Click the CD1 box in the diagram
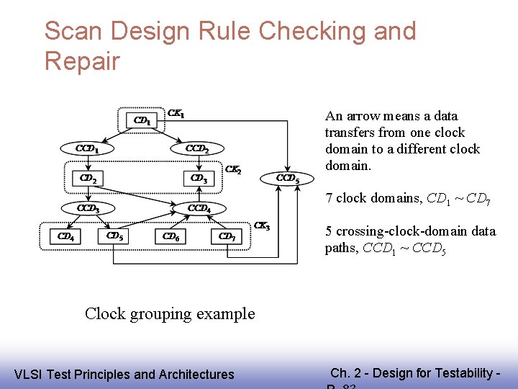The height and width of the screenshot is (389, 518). pos(142,120)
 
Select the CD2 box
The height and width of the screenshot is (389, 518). pos(88,178)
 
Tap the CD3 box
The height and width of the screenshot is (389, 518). pos(199,178)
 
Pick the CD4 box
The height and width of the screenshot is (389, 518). pos(65,236)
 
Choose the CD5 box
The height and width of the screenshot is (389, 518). pos(114,236)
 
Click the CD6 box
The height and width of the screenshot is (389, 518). pos(171,236)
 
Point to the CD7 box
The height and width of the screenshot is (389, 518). pos(227,236)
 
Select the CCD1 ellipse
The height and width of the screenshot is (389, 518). pos(88,149)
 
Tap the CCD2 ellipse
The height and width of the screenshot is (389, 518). pos(198,149)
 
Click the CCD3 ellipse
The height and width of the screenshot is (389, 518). pos(88,208)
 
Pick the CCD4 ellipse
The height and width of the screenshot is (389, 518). pos(199,208)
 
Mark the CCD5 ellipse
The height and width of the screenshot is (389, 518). pos(288,178)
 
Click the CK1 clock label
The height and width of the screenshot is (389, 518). pos(176,113)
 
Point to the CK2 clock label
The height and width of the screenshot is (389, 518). pos(233,170)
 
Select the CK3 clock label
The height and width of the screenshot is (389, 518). pos(263,227)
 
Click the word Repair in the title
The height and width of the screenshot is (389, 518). pos(81,61)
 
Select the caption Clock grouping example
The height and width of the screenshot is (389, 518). pos(170,313)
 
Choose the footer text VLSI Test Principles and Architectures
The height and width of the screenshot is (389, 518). pos(124,374)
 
